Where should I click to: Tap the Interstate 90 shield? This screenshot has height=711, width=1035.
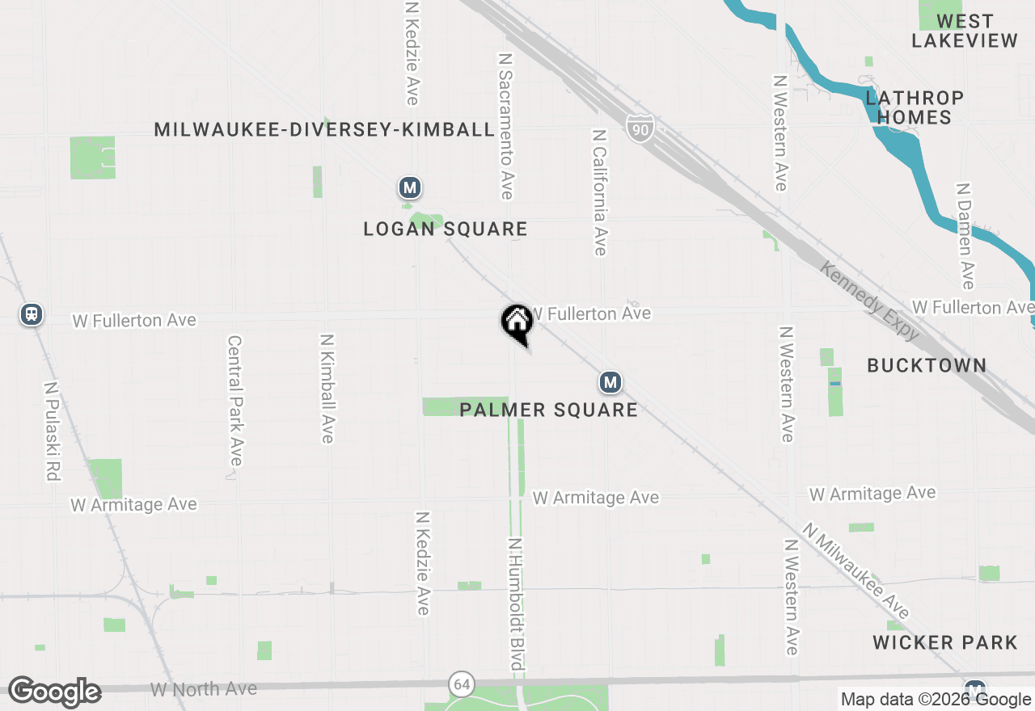[x=639, y=128]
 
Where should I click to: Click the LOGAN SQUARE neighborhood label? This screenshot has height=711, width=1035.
[x=446, y=229]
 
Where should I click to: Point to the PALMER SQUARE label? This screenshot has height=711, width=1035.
[x=549, y=410]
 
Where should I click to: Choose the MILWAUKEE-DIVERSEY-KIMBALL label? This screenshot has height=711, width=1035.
[x=324, y=130]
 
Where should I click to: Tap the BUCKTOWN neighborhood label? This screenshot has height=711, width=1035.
[x=927, y=366]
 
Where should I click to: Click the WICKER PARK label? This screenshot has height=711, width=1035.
[x=945, y=643]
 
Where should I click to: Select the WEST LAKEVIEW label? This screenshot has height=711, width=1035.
[x=965, y=31]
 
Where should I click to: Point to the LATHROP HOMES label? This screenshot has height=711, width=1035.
[x=915, y=107]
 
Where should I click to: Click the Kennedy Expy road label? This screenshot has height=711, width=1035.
[x=870, y=301]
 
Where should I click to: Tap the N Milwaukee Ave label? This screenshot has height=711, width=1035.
[x=856, y=570]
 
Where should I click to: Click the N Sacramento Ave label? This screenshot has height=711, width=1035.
[x=506, y=126]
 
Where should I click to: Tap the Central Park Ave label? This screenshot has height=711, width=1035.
[x=234, y=401]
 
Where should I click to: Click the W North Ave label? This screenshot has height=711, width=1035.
[x=204, y=689]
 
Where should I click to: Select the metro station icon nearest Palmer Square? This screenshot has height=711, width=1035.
[x=610, y=382]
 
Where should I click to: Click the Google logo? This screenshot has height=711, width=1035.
[x=54, y=692]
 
